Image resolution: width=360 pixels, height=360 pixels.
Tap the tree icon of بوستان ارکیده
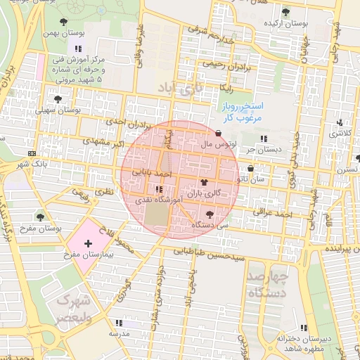(285, 12)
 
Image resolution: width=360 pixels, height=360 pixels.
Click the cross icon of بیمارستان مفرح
(88, 244)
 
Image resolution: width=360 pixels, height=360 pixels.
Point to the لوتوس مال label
(217, 144)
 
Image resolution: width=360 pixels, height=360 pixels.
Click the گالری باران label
(204, 192)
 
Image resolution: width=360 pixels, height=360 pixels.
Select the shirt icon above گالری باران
(204, 181)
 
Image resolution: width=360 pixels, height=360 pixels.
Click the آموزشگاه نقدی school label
(159, 200)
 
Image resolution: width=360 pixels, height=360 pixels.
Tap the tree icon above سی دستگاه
(210, 214)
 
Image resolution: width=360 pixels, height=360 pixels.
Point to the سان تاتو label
(251, 179)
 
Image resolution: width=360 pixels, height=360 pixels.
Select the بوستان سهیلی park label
(58, 110)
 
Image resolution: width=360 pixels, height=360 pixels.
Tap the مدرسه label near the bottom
(118, 334)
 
